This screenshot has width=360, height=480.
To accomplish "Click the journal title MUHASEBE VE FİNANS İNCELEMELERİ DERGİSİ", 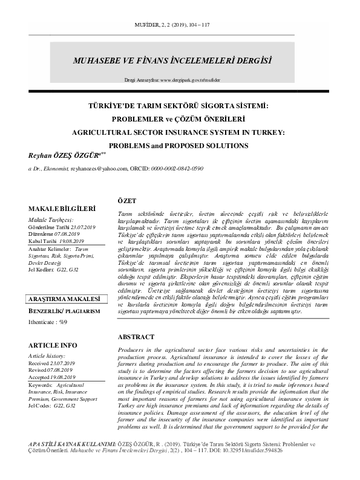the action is coord(171,61).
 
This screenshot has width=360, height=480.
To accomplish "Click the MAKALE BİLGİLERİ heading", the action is coord(63,209).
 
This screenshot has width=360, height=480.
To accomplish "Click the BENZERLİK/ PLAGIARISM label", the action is coord(63,312).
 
